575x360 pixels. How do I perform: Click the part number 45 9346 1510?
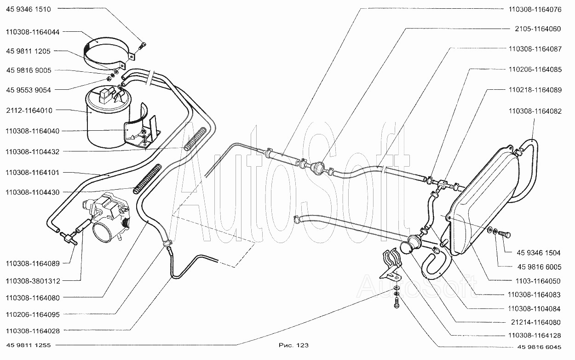tap(29, 9)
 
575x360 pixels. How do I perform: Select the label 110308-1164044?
tap(33, 32)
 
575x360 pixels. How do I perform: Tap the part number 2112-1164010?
tap(29, 110)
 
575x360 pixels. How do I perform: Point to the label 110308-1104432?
tap(33, 151)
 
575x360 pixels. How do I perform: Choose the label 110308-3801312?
tap(33, 281)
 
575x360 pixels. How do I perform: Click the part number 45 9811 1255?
tap(29, 345)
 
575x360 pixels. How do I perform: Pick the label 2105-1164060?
tap(538, 29)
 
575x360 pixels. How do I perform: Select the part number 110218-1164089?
tap(535, 90)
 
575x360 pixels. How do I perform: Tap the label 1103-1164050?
tap(538, 281)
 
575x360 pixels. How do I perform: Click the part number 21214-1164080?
tap(536, 322)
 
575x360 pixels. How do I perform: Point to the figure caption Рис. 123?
tap(293, 345)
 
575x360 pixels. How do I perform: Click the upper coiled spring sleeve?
tap(195, 139)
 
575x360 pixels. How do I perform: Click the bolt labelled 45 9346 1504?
tap(504, 234)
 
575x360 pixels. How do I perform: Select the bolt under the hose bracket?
tap(397, 303)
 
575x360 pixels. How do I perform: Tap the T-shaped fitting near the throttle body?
tap(69, 238)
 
